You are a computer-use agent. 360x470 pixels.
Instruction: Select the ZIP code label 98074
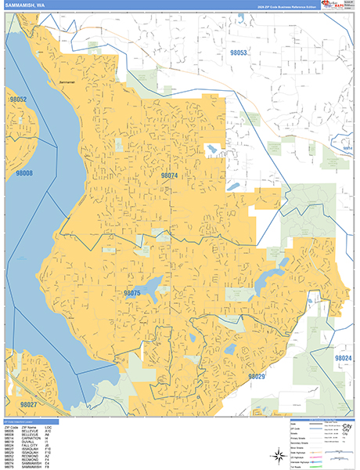point(169,176)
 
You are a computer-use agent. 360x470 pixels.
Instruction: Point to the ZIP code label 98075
point(131,293)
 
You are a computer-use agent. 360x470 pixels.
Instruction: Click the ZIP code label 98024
point(343,357)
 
